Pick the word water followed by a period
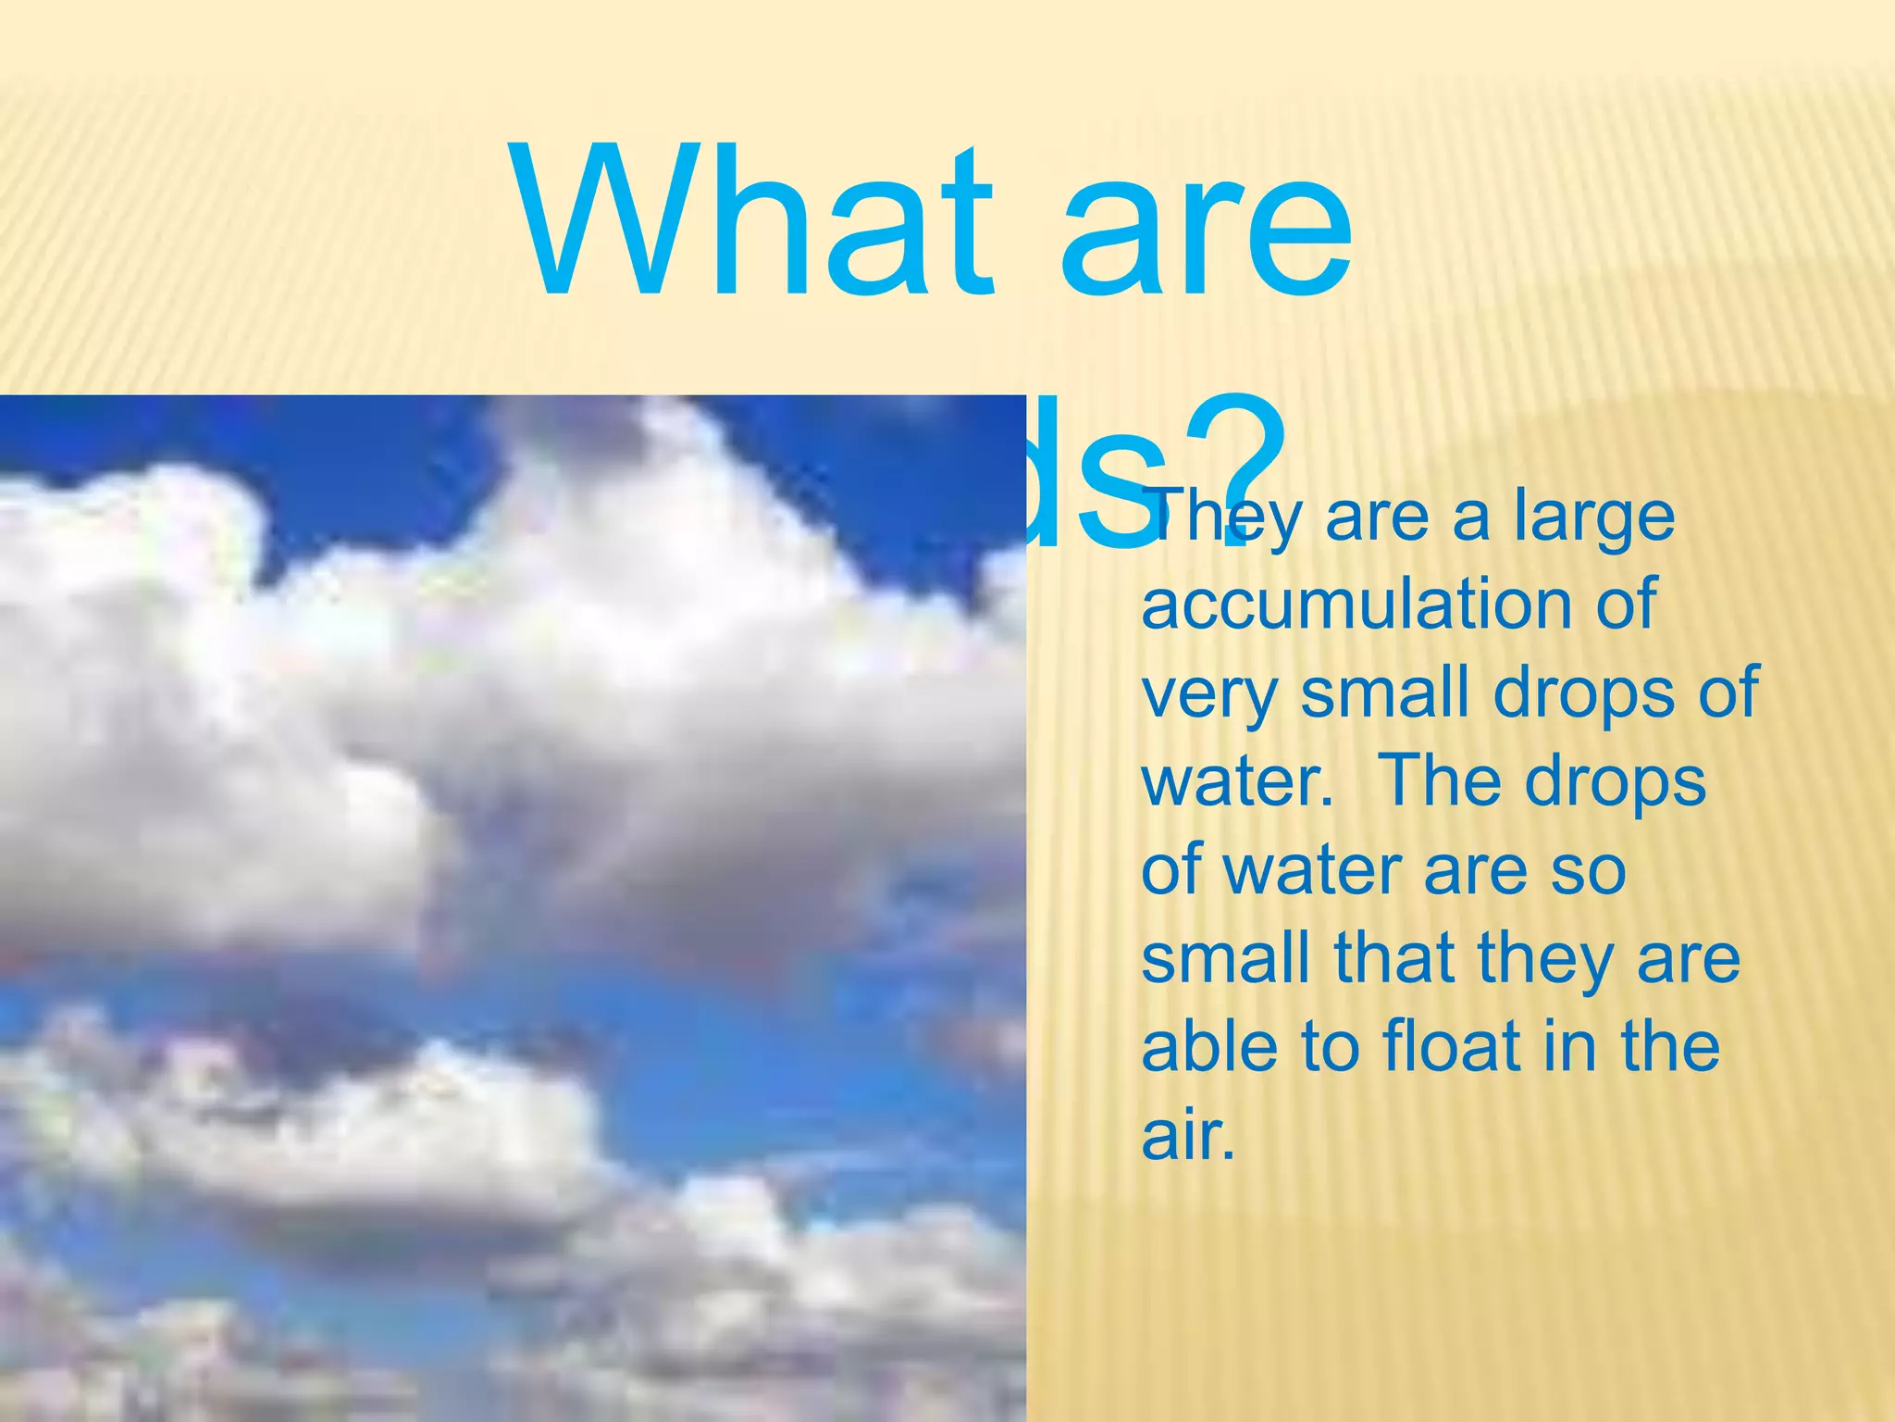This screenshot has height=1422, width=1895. pyautogui.click(x=1235, y=783)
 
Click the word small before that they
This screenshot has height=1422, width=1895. pyautogui.click(x=1226, y=959)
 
